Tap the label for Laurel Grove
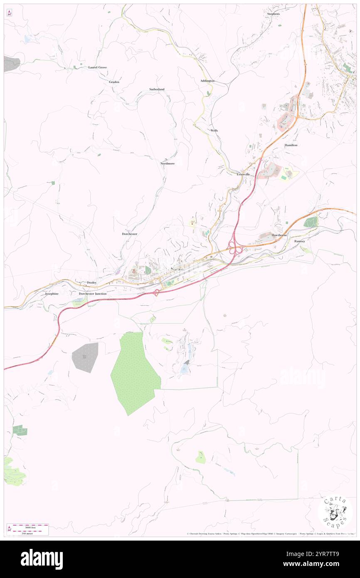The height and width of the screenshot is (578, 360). pos(97,67)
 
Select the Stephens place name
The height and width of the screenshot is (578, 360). pos(274,14)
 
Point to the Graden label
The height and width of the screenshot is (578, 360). pos(114,82)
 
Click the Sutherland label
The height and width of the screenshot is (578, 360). pos(157,89)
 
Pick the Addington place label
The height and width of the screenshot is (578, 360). pos(207,80)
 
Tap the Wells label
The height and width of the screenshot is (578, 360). pos(214,130)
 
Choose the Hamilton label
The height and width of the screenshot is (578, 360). pos(291,145)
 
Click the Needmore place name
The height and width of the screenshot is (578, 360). pos(168,164)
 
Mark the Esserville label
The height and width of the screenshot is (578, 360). pos(243,174)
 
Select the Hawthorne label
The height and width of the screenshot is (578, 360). pos(279,235)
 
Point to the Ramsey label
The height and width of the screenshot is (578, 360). pos(300,241)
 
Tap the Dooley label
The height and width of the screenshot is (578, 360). pos(92,282)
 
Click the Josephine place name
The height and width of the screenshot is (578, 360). pos(52,294)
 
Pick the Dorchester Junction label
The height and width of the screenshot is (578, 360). pos(93,294)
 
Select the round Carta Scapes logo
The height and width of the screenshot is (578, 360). pos(335,512)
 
